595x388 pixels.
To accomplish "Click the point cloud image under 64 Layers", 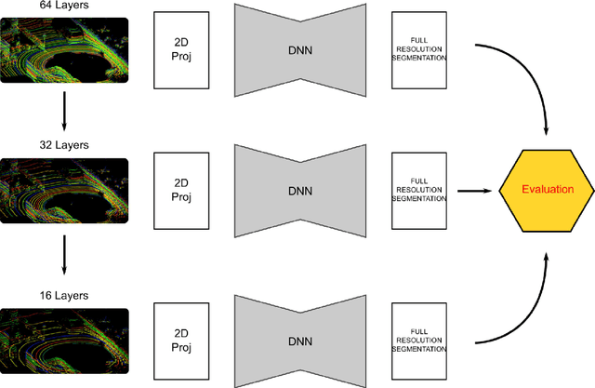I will [64, 51].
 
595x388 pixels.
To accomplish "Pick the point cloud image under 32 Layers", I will [64, 193].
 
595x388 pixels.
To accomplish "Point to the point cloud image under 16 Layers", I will [64, 341].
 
